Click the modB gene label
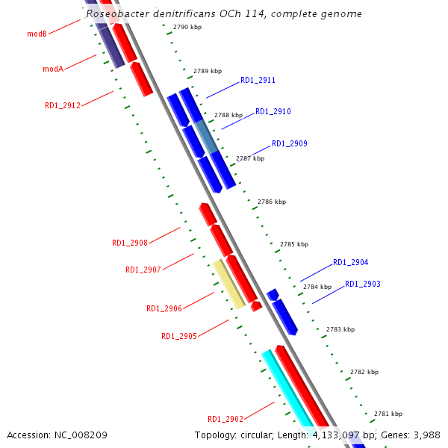click(x=37, y=34)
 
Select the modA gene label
click(x=53, y=69)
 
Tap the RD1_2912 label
click(x=63, y=105)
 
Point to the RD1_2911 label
click(x=258, y=80)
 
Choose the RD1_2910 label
click(x=273, y=111)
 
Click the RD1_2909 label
click(x=289, y=143)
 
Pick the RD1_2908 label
click(x=130, y=243)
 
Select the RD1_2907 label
click(x=143, y=270)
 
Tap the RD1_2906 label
click(x=164, y=308)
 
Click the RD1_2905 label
click(x=179, y=336)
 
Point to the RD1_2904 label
click(x=351, y=262)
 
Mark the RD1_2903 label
click(x=363, y=284)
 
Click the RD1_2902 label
click(x=225, y=419)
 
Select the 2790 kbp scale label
click(x=187, y=27)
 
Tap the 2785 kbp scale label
click(x=293, y=244)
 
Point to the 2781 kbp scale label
click(x=388, y=414)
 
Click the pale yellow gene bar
click(x=229, y=284)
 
